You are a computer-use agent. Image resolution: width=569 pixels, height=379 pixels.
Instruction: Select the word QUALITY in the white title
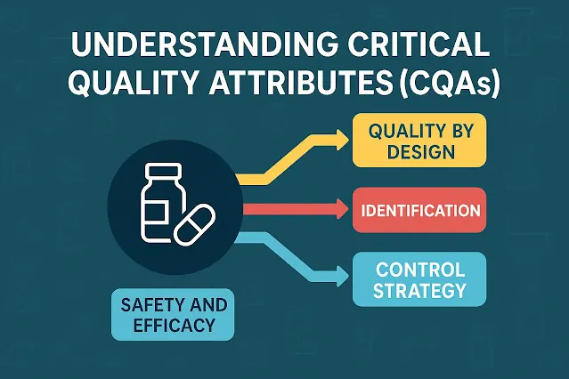click(134, 84)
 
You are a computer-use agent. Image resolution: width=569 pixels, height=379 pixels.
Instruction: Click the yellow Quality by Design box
click(419, 141)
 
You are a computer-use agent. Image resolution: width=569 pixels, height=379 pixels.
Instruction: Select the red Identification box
click(419, 210)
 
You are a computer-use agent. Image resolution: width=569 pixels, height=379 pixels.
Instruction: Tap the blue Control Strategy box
click(419, 279)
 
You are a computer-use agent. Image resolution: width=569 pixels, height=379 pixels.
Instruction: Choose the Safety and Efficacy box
click(173, 314)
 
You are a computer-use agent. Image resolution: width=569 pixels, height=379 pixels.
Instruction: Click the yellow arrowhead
click(342, 140)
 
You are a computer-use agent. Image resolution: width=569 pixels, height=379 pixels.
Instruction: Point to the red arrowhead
click(342, 209)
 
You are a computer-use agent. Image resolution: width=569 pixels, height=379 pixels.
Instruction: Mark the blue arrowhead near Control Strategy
click(342, 277)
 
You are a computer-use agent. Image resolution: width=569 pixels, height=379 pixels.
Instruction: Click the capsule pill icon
click(194, 224)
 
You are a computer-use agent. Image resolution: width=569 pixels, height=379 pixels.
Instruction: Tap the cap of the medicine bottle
click(163, 169)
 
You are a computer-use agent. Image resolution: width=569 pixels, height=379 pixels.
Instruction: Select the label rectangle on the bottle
click(157, 212)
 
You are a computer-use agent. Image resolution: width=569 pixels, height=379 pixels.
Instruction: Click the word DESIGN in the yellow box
click(421, 151)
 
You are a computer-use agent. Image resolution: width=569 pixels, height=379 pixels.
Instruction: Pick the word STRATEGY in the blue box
click(419, 291)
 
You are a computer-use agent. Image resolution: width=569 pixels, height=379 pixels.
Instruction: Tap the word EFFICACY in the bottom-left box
click(175, 325)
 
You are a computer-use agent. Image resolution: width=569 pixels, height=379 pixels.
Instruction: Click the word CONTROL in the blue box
click(420, 270)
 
